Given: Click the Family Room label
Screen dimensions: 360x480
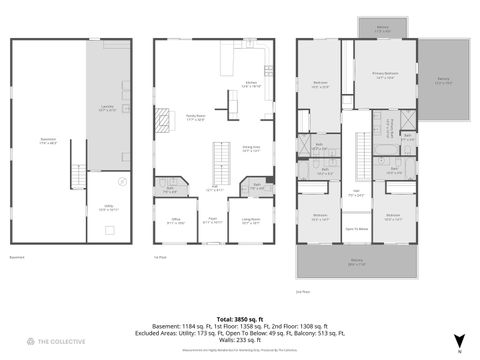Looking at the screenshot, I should pos(196,119).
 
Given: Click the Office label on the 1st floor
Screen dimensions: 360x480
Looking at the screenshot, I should pos(174,222).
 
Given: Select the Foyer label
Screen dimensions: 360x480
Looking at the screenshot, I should pos(213,222).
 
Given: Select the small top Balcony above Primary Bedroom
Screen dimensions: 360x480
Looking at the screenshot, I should pos(383,30).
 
